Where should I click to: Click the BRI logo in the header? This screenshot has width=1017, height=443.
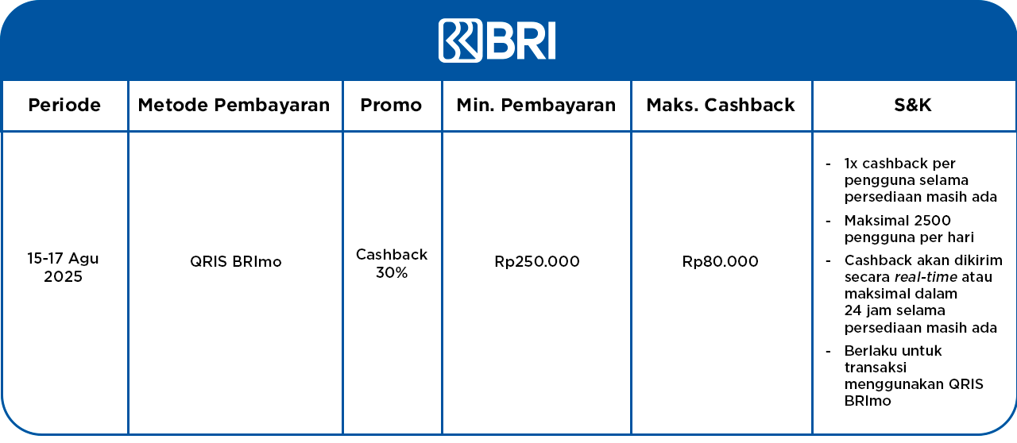pos(497,40)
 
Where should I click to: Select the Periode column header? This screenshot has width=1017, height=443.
pos(64,105)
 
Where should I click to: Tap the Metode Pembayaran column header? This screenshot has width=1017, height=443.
pos(234,105)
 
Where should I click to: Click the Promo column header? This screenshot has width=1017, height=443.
pos(391,105)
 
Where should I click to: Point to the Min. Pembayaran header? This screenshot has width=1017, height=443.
pos(536,105)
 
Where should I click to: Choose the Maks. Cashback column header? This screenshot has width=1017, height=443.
pos(721,105)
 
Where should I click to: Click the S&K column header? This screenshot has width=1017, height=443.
pos(913,105)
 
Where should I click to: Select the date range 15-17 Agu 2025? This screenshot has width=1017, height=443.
pos(63,268)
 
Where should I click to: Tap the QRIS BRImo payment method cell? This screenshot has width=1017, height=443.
pos(236,261)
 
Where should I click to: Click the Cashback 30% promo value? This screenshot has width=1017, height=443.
pos(392,264)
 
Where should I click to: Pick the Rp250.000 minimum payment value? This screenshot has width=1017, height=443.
pos(537,261)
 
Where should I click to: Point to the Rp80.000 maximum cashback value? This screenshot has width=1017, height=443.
pos(720,261)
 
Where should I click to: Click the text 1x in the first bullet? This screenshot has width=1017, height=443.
pos(851,164)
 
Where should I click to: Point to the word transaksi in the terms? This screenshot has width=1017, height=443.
pos(869,368)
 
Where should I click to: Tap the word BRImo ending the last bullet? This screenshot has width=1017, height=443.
pos(868,401)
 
